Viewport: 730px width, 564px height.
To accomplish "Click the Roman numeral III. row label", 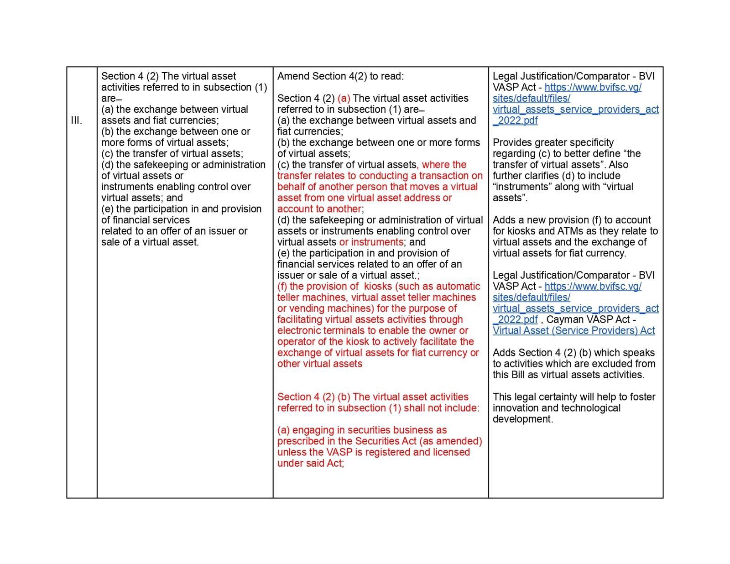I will click(76, 120).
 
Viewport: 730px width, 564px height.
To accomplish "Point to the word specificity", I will click(591, 142).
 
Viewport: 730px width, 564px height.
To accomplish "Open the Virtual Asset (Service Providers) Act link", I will click(574, 330).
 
